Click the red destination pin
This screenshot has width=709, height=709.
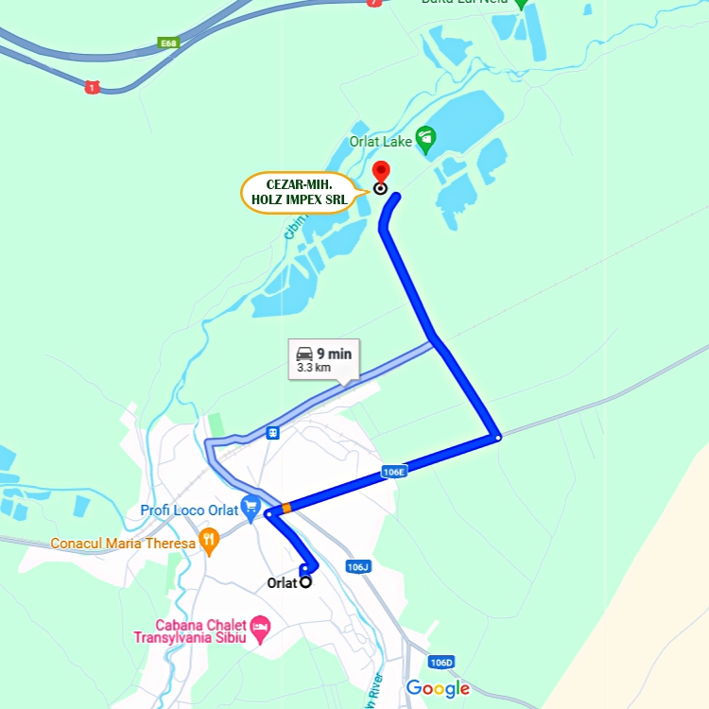(380, 172)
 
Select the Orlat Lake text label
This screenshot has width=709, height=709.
(380, 143)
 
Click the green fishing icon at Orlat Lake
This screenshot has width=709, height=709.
(425, 140)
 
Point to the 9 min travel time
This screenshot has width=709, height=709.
(335, 354)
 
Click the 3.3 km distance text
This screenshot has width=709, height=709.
(314, 368)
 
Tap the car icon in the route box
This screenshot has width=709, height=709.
(304, 354)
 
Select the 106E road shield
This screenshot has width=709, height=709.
(394, 471)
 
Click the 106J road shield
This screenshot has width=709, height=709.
(356, 567)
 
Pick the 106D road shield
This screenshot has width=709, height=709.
(441, 662)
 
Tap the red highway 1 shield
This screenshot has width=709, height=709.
(92, 87)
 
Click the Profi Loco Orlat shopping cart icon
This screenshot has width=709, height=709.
(251, 509)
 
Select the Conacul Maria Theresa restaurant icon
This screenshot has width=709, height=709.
(210, 543)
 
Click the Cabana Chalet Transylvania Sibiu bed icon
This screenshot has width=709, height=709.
(262, 626)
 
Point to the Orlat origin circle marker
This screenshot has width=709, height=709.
(305, 582)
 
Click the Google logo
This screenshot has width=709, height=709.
(438, 688)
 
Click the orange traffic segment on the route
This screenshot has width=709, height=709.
(285, 508)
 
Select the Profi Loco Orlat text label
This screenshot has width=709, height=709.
(189, 510)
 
